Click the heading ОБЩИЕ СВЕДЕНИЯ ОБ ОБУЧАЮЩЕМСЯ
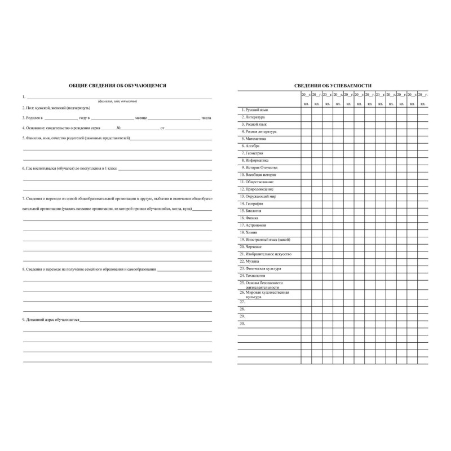point(117,85)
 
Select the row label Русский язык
point(254,109)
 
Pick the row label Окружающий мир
point(258,196)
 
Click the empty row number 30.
point(242,324)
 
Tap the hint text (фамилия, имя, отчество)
point(117,101)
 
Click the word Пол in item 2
point(28,107)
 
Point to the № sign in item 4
point(118,127)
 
